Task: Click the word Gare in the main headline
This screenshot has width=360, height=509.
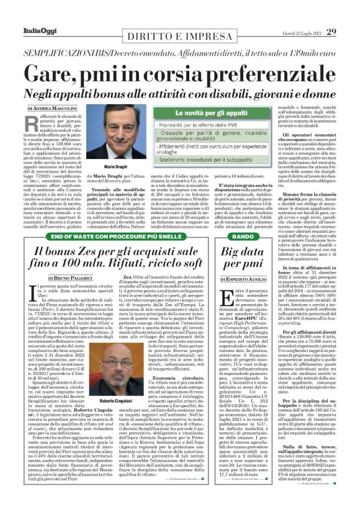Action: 69,70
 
